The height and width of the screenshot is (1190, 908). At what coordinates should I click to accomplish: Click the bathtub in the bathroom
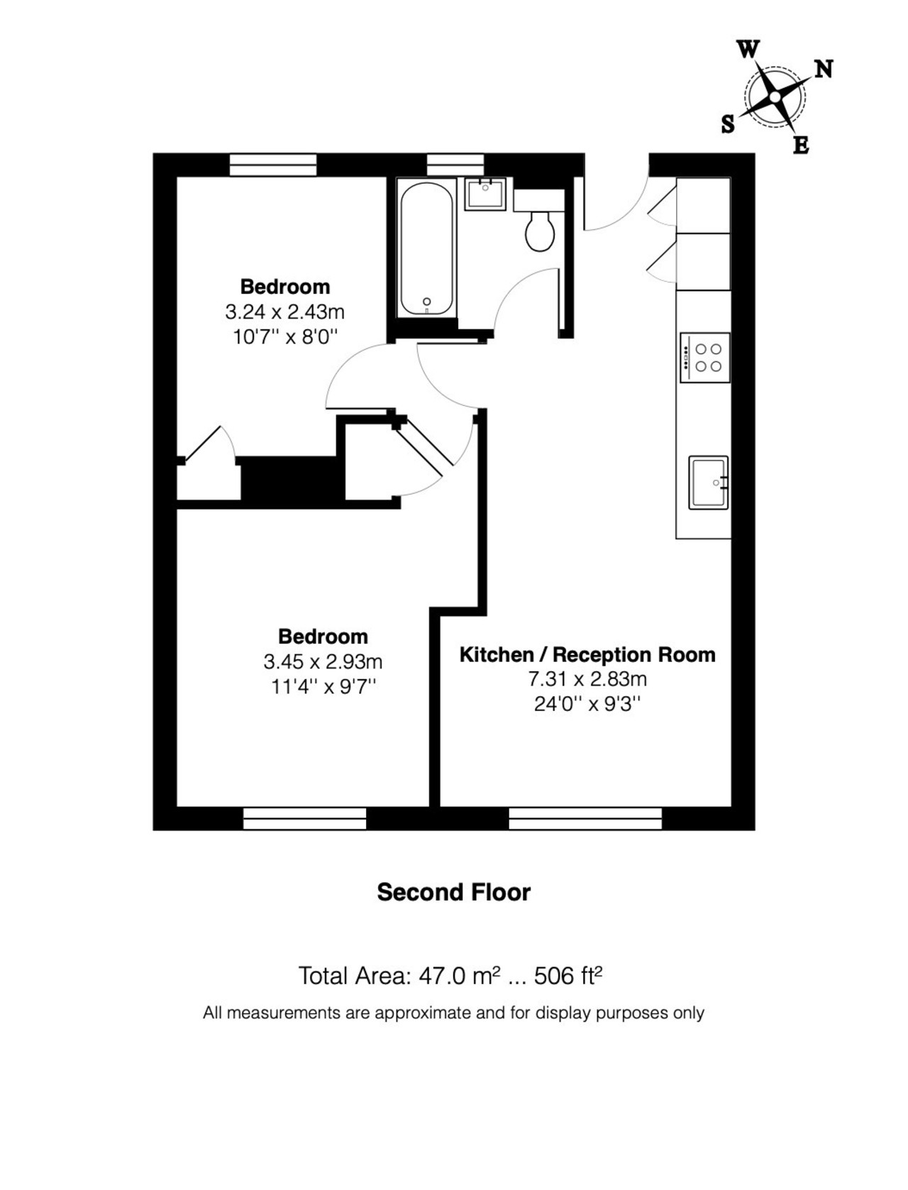coord(426,249)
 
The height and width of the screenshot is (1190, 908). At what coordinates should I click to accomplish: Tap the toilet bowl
coord(540,231)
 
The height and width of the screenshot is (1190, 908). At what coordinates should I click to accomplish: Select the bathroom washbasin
coord(485,194)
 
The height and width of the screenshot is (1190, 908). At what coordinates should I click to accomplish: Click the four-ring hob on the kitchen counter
coord(705,358)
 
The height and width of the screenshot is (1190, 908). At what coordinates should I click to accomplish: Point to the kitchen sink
coord(709,483)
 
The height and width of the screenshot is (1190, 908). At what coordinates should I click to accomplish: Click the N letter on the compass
coord(824,70)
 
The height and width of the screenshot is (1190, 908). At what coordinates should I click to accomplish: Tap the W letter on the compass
coord(748,50)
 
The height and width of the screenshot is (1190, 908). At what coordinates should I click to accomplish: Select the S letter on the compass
coord(728,124)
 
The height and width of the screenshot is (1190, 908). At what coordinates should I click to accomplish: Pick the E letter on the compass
coord(802,145)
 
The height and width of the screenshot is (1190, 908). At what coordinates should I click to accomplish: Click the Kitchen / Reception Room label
coord(587,654)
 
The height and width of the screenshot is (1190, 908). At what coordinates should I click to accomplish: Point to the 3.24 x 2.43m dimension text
coord(285,312)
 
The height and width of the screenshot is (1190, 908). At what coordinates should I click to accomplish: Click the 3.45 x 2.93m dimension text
coord(323,661)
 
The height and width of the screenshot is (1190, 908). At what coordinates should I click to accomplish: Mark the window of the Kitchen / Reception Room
coord(585,819)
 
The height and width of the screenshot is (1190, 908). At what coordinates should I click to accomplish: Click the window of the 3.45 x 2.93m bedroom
coord(304,819)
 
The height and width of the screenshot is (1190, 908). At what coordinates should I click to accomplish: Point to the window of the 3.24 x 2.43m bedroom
coord(273,165)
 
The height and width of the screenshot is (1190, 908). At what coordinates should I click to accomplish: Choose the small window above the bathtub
coord(455,165)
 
